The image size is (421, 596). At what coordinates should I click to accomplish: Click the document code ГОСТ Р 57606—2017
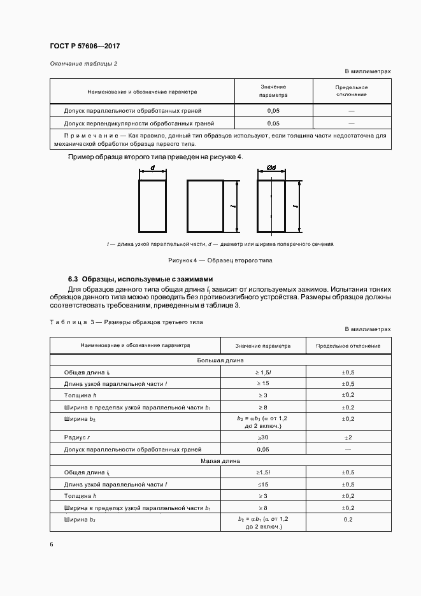[x=85, y=46]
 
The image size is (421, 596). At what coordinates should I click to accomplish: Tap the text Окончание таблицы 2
[x=83, y=64]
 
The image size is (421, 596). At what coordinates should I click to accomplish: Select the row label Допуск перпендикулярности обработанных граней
[x=139, y=123]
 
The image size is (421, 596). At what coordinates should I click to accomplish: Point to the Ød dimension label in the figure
[x=271, y=169]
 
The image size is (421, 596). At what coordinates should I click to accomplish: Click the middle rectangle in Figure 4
[x=205, y=207]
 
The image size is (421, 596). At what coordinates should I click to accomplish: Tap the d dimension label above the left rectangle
[x=153, y=169]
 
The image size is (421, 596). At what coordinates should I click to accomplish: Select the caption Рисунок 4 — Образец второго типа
[x=220, y=260]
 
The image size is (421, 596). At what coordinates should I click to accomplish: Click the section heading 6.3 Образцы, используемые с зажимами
[x=140, y=280]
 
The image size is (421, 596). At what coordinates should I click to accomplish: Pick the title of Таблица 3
[x=126, y=322]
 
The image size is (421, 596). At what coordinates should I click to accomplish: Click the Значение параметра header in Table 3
[x=262, y=346]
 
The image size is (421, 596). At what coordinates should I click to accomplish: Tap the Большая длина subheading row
[x=220, y=360]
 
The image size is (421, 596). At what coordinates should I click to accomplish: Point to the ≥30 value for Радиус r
[x=263, y=437]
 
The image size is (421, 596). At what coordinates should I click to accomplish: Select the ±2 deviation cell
[x=348, y=437]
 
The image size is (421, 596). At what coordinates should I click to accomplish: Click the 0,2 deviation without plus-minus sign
[x=348, y=520]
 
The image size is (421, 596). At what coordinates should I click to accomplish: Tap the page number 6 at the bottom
[x=52, y=544]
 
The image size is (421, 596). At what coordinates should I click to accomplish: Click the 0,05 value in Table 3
[x=263, y=449]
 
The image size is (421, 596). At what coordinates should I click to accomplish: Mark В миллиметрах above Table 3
[x=367, y=329]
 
